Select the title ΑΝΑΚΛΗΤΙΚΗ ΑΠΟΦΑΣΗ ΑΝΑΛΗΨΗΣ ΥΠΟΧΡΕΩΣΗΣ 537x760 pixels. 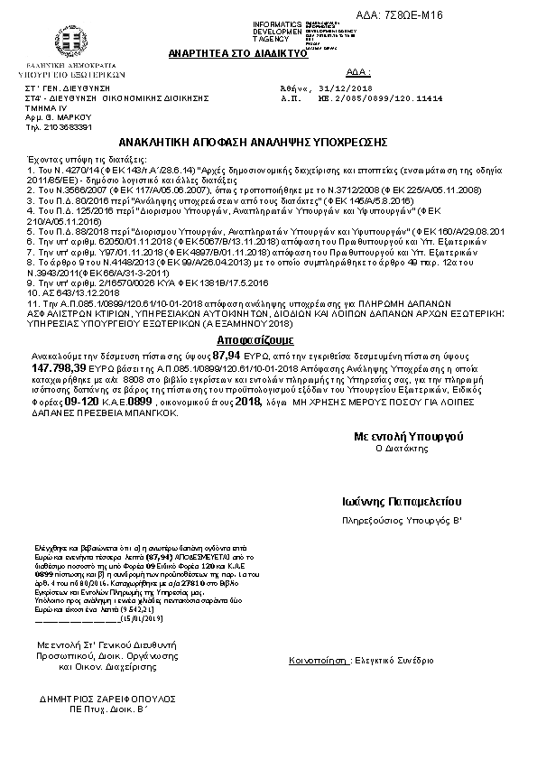pos(254,144)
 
